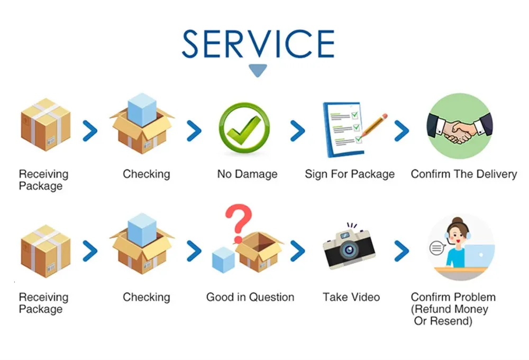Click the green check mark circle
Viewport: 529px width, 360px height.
(244, 129)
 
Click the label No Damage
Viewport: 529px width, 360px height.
(247, 174)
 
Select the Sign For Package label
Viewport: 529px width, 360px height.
(350, 174)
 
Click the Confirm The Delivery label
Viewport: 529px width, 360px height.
(463, 174)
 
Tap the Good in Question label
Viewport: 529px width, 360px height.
(250, 297)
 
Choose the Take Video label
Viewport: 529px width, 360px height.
(351, 297)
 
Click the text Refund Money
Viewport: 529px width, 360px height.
(450, 309)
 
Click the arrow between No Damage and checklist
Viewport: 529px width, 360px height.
(298, 131)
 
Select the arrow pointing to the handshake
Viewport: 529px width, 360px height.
(402, 131)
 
